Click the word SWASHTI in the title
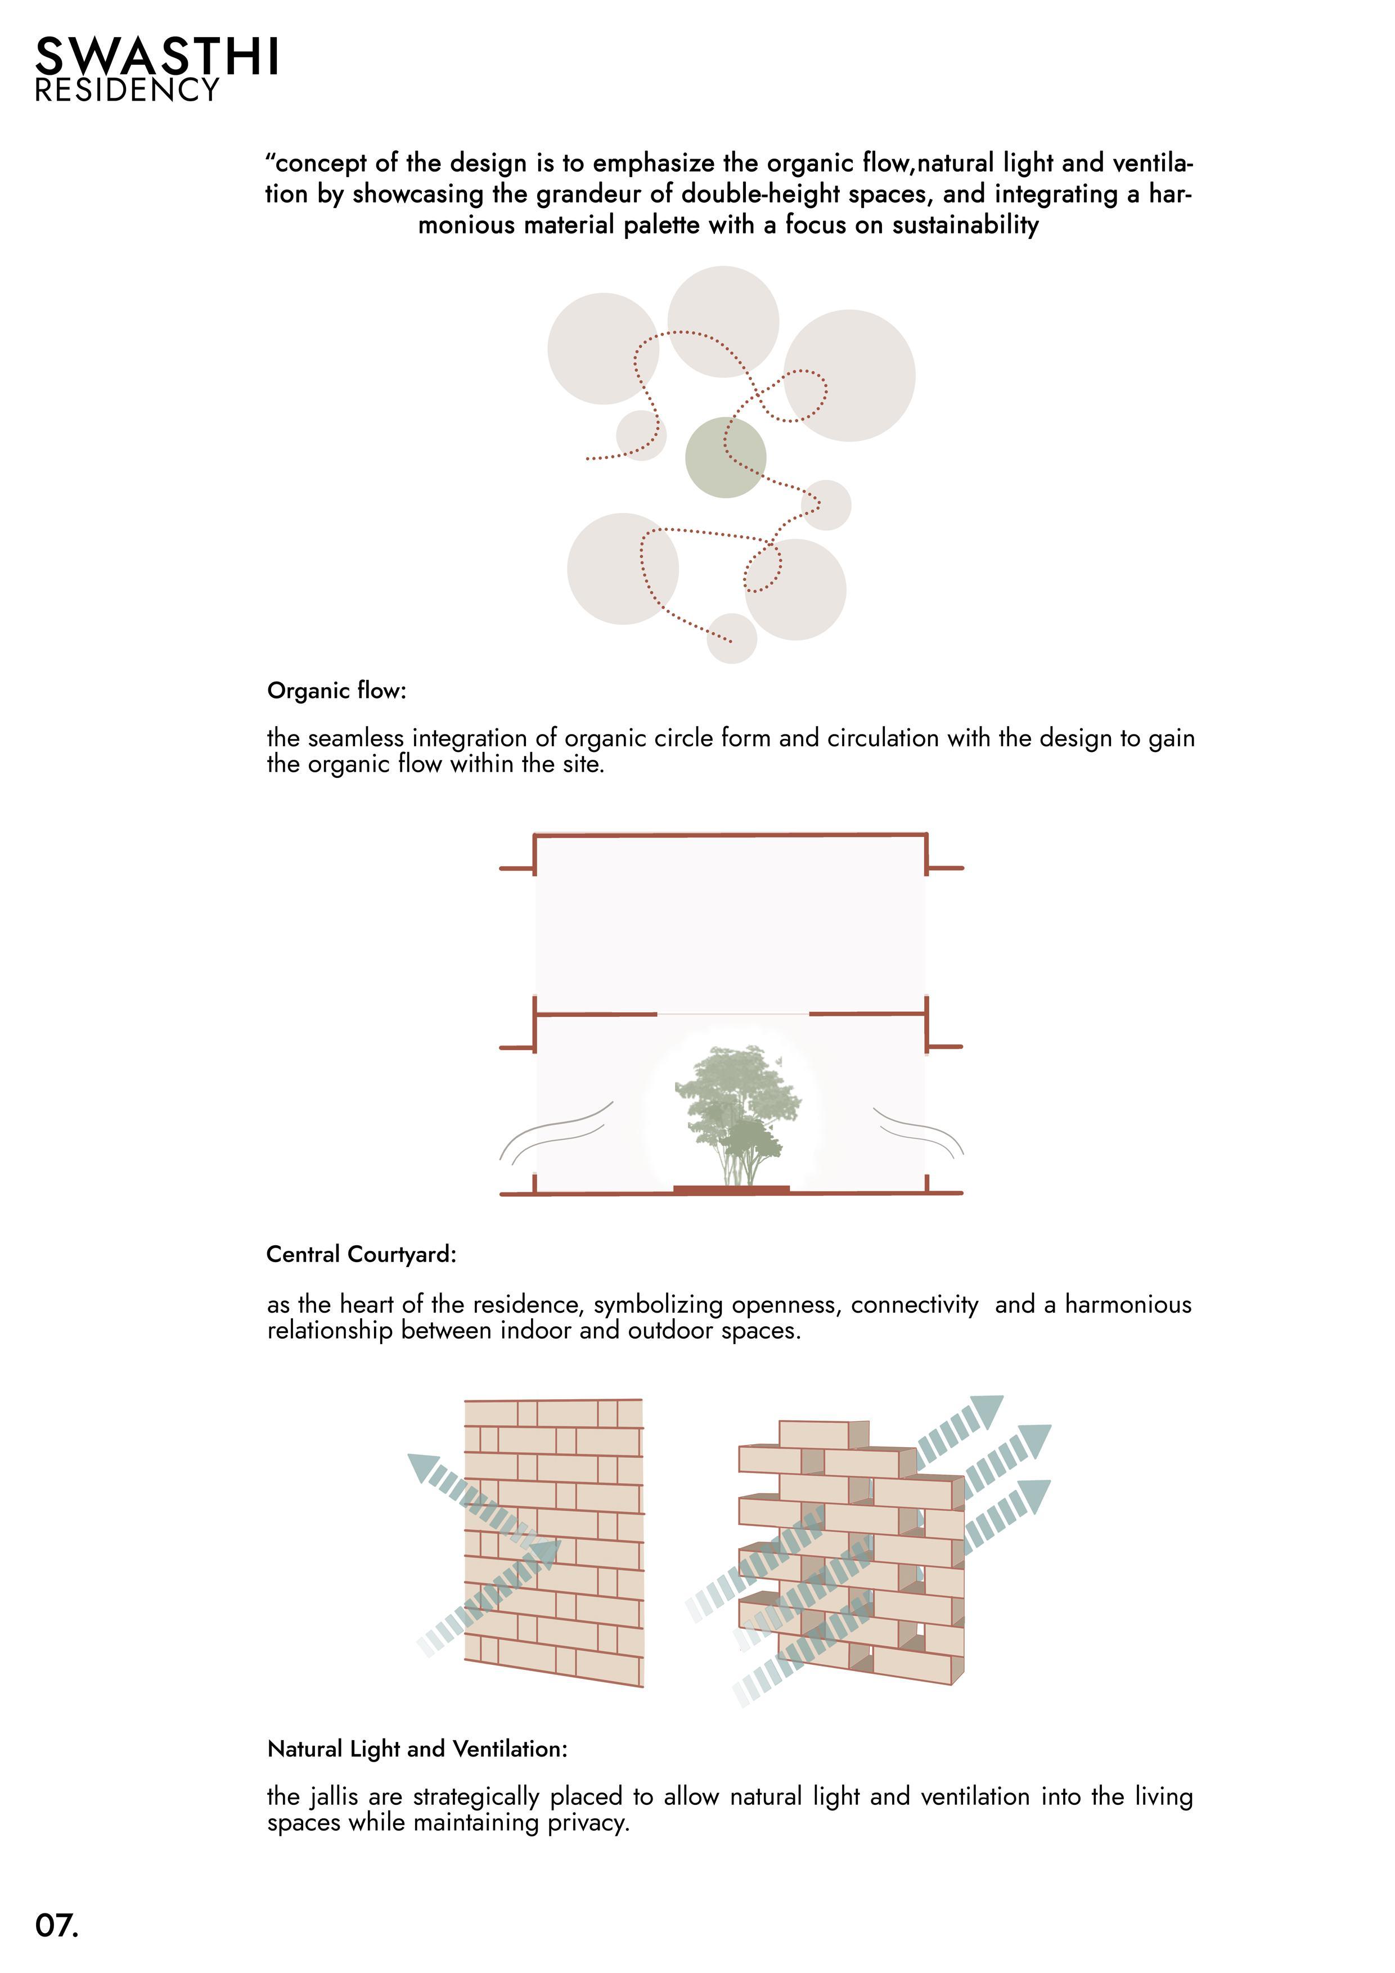click(x=157, y=57)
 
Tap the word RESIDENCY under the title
click(x=127, y=90)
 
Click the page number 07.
click(x=57, y=1925)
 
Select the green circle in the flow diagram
click(x=726, y=457)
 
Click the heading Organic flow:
click(x=336, y=690)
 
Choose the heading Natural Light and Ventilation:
click(x=417, y=1749)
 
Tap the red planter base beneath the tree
click(x=731, y=1190)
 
